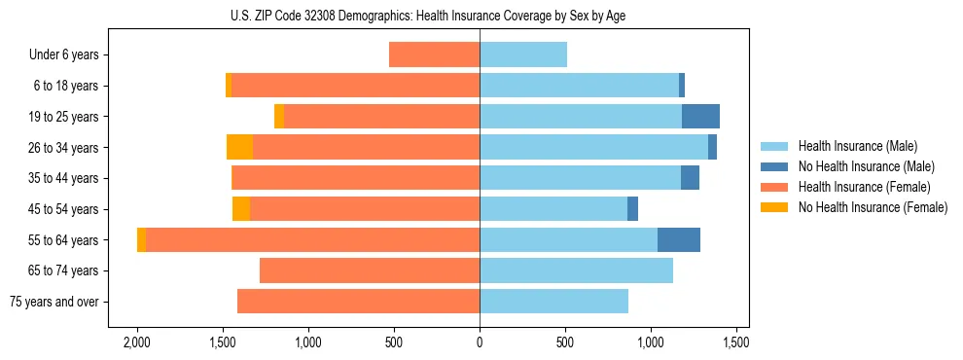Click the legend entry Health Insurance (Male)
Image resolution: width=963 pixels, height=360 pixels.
point(857,146)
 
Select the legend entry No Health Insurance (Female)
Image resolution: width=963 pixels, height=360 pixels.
point(873,207)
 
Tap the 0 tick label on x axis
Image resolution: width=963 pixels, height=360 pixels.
point(480,342)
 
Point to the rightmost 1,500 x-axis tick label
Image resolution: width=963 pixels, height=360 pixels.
point(736,342)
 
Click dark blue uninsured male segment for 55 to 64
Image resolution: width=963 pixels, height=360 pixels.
point(679,240)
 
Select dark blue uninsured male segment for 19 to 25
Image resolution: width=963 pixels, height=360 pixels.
point(700,117)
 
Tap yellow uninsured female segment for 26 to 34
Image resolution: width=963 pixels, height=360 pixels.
point(239,148)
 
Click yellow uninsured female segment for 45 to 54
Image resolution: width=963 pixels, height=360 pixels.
point(241,209)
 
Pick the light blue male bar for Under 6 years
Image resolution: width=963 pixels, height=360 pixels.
point(523,54)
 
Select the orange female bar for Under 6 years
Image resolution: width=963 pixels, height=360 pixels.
point(434,54)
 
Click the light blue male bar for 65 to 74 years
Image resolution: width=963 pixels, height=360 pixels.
point(576,270)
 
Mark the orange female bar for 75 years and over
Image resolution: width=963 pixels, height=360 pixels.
point(358,302)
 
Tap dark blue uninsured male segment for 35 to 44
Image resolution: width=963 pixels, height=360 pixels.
point(690,178)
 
